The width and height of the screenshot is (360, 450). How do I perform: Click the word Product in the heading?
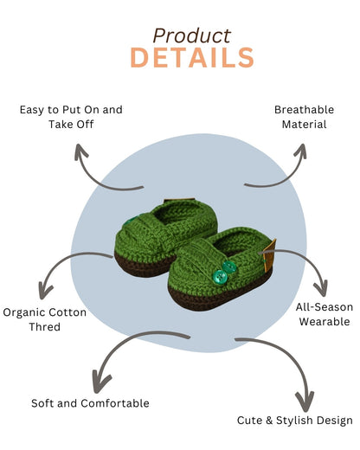coord(191,35)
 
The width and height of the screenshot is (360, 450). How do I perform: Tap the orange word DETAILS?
coord(191,58)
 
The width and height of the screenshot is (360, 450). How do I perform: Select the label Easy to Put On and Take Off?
coord(71,117)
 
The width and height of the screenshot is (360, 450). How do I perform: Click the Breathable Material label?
coord(300,117)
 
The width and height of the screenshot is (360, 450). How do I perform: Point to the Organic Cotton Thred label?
coord(44,319)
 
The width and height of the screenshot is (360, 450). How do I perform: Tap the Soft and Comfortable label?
coord(90,403)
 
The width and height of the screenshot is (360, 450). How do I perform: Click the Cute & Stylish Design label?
coord(294,421)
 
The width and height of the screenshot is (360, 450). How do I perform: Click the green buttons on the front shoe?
coord(223,271)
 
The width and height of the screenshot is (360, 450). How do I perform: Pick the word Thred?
coord(44,327)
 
